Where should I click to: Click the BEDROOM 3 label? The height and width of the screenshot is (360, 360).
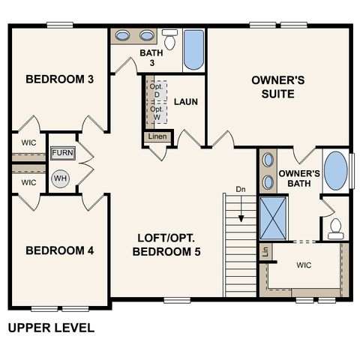point(59,79)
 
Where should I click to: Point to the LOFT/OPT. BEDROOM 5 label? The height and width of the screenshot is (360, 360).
point(167,245)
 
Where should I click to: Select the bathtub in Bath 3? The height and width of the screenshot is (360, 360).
point(193,49)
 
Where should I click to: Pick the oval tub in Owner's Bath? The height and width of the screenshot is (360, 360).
point(336,171)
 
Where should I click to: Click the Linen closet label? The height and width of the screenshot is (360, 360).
point(158,137)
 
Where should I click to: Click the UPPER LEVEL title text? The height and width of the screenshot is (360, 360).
point(51,328)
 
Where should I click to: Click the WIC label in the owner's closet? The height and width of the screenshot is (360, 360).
point(304,265)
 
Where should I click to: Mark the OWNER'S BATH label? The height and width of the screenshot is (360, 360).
point(299,178)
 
